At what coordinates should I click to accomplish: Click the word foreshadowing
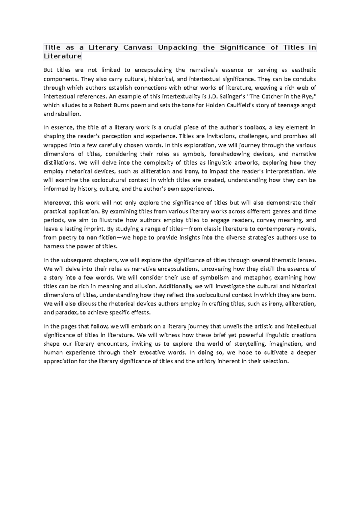[x=230, y=154]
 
